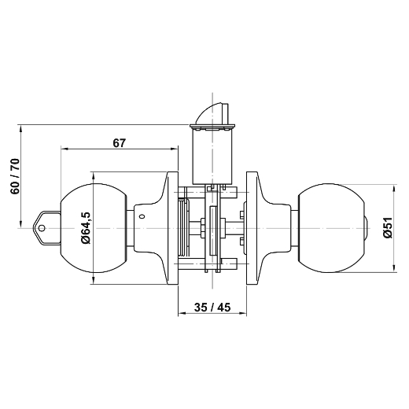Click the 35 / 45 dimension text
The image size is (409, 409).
[212, 309]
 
